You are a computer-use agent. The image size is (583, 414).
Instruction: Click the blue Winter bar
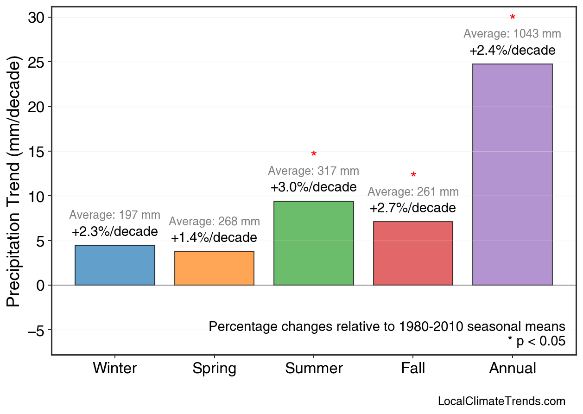(115, 265)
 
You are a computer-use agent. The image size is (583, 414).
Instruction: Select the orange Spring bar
(214, 268)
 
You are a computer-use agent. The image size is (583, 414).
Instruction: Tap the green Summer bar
(314, 243)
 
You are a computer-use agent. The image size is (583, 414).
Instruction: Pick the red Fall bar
(413, 253)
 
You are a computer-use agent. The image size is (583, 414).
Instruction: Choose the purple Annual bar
(512, 174)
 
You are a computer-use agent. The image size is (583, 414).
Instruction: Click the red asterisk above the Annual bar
(513, 18)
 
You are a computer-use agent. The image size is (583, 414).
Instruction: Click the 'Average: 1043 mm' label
(512, 34)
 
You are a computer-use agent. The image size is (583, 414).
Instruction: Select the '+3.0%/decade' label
(314, 187)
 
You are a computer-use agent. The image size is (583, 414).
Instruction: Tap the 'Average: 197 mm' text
(115, 215)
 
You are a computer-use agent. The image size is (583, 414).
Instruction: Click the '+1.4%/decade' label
(214, 238)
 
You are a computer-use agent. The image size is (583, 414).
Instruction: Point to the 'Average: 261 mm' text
(413, 192)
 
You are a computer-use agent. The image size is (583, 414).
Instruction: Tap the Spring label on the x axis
(214, 369)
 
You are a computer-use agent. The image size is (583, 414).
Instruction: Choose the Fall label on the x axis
(413, 369)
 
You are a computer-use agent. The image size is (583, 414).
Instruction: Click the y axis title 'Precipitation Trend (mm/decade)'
(14, 182)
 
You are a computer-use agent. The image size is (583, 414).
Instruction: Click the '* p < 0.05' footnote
(536, 341)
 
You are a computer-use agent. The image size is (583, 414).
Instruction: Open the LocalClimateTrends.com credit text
(501, 401)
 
